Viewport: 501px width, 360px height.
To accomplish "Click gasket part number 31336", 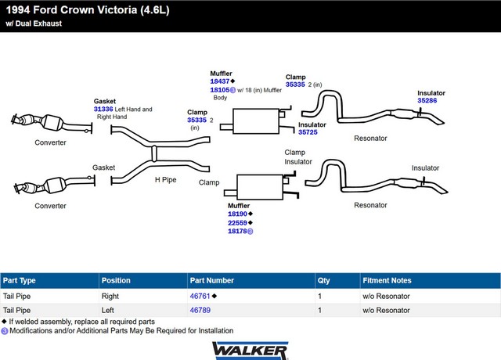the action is [103, 110].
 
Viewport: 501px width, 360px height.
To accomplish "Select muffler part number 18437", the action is [220, 81].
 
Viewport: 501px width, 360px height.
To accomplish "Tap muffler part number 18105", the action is [220, 90].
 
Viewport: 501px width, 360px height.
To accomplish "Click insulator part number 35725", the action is [308, 132].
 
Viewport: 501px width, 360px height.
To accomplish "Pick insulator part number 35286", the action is [427, 101].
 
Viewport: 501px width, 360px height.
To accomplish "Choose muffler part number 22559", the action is [237, 222].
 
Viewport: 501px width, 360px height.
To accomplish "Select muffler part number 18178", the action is [237, 231].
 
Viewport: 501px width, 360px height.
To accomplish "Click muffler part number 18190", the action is [237, 214].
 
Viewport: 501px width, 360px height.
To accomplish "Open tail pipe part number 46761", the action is [200, 296].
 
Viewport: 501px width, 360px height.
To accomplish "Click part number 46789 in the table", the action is [200, 310].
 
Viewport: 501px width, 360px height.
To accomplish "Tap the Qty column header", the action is [323, 280].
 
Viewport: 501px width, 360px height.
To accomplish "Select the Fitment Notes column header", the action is [387, 280].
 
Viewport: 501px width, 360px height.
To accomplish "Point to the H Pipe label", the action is [165, 180].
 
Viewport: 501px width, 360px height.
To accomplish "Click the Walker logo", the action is [250, 351].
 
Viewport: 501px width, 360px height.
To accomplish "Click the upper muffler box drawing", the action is [256, 121].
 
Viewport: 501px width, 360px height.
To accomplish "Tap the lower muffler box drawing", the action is [260, 187].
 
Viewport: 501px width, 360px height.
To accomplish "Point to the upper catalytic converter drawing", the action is [51, 122].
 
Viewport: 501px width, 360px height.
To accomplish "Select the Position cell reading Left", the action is [108, 310].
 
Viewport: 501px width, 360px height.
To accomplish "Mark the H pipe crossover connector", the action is [154, 153].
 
